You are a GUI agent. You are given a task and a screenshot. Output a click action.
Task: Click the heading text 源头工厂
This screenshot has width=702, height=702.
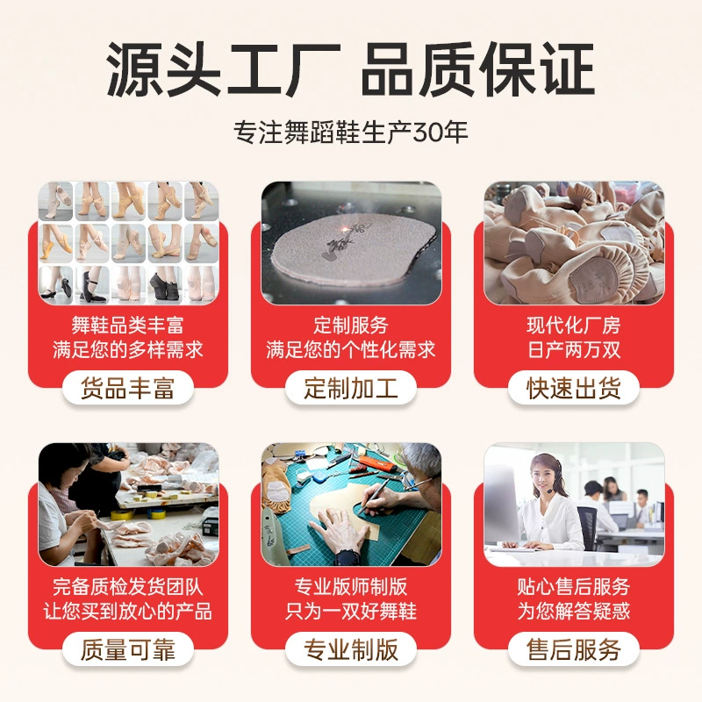[x=223, y=69]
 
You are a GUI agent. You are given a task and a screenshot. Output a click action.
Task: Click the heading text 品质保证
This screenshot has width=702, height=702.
[x=477, y=69]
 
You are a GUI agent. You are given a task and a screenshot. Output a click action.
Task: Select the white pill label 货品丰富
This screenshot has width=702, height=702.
[x=128, y=388]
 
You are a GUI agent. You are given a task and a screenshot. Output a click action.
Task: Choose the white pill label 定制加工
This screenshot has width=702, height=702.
[x=351, y=388]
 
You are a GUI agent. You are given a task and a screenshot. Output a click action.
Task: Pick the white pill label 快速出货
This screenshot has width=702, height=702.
[x=574, y=388]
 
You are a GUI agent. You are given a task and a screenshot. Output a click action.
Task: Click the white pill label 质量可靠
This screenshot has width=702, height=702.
[x=128, y=649]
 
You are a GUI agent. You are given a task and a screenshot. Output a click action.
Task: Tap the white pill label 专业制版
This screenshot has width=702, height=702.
[x=351, y=649]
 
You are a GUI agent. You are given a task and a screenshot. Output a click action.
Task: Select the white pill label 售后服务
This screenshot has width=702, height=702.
[x=574, y=649]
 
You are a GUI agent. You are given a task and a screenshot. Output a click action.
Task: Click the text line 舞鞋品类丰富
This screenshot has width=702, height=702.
[x=127, y=325]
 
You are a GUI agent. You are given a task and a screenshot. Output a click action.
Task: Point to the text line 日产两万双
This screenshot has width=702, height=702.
[x=574, y=349]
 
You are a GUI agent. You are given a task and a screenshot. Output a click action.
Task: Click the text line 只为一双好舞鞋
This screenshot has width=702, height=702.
[x=351, y=611]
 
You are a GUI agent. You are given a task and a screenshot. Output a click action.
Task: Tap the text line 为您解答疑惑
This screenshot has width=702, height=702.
[x=574, y=611]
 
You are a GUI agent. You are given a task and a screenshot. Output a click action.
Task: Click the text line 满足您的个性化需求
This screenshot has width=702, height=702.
[x=351, y=349]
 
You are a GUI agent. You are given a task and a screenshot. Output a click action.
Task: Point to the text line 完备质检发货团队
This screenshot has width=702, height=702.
[x=127, y=586]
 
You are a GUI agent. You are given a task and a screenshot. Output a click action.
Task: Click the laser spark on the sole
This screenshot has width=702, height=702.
[x=346, y=229]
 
